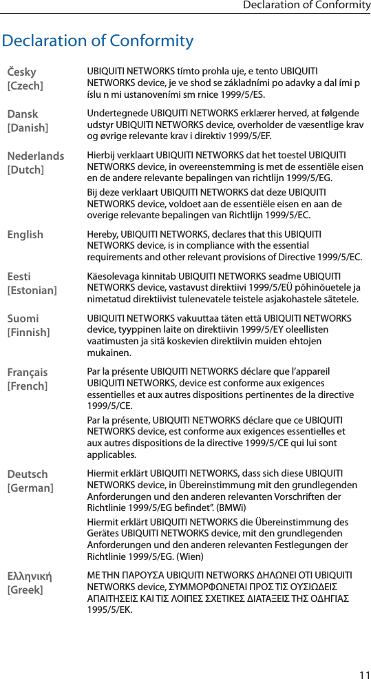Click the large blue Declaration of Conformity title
coord(98,41)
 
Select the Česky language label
coord(22,72)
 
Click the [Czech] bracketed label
coord(25,85)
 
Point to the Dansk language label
coord(23,114)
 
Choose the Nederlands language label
coord(36,156)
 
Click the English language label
coord(25,235)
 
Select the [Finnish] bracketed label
coord(28,333)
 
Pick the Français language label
coord(28,372)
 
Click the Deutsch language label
coord(28,474)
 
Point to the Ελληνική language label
coord(30,576)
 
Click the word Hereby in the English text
coord(103,235)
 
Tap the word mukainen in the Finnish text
coord(107,353)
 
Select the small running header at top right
coord(306,6)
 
